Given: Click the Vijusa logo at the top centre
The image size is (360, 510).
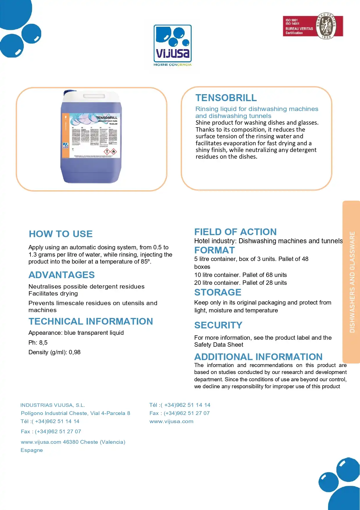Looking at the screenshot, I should tap(172, 45).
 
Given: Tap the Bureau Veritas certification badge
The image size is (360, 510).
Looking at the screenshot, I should tap(313, 26).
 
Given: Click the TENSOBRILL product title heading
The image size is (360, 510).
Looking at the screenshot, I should tap(226, 98).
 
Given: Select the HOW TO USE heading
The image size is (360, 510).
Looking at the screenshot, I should tap(61, 234).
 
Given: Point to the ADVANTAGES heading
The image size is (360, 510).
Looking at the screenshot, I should tap(62, 275).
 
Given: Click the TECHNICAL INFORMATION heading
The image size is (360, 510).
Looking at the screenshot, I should tap(91, 321).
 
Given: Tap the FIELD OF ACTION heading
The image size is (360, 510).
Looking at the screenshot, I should tap(235, 232).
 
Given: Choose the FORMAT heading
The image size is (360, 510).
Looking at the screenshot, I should tap(214, 250).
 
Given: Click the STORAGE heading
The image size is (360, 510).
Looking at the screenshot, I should tap(218, 292).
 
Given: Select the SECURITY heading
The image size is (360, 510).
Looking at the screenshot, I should tap(218, 325).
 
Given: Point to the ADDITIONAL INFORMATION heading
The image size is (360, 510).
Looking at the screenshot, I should tap(258, 357).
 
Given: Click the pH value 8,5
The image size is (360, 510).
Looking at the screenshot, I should tap(43, 343).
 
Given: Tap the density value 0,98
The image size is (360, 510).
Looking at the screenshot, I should tap(75, 352).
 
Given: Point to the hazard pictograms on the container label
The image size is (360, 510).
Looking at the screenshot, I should tap(110, 151).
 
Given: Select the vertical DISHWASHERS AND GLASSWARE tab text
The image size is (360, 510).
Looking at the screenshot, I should tap(352, 282).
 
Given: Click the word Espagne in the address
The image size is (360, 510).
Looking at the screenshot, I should tap(32, 450).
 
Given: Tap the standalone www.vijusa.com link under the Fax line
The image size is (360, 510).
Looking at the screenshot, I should tap(171, 421).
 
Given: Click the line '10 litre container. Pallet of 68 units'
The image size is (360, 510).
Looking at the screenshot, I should tap(240, 275).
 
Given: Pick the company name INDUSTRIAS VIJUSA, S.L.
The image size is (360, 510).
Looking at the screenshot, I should tap(53, 405).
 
